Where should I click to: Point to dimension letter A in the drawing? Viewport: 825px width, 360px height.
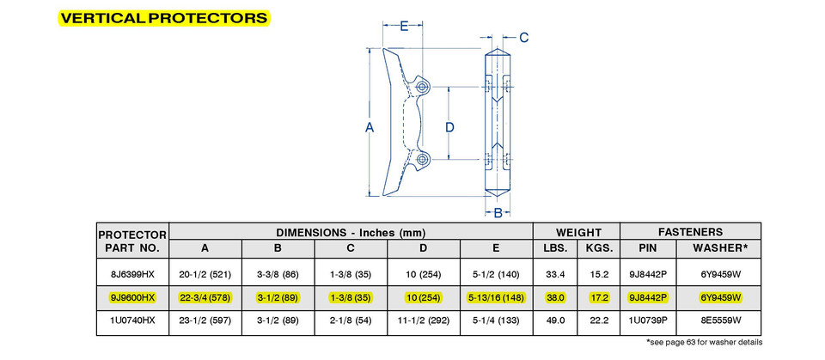(x=370, y=127)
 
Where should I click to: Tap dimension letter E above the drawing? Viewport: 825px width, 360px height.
(x=403, y=26)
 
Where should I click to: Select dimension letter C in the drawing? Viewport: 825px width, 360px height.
(x=523, y=37)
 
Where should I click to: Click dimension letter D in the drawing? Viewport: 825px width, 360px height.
(x=449, y=127)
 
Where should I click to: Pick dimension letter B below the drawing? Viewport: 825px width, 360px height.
(x=498, y=211)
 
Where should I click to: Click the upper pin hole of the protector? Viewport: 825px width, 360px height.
(x=421, y=88)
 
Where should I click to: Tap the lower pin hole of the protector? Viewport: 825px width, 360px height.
(x=421, y=159)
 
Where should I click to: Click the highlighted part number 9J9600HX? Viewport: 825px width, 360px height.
(x=132, y=296)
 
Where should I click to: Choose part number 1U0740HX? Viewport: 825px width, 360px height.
(x=132, y=320)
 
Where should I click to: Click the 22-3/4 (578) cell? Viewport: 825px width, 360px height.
(x=205, y=296)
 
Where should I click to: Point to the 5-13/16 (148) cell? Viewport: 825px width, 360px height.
(x=497, y=296)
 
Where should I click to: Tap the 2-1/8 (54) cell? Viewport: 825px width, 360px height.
(x=351, y=320)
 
